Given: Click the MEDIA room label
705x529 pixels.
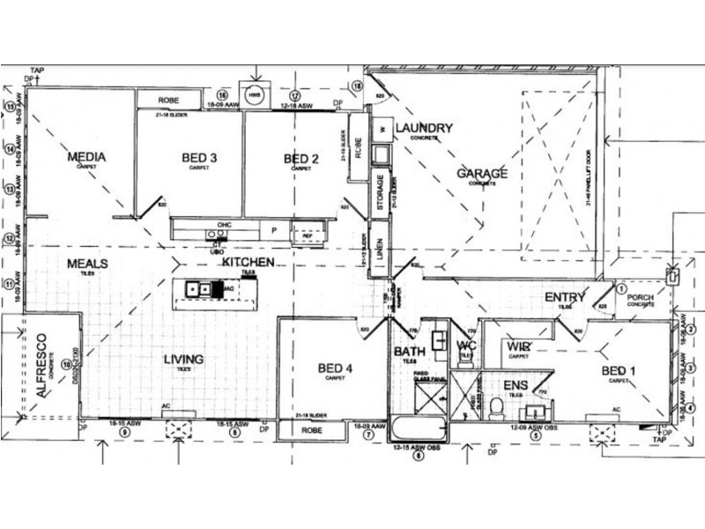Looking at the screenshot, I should pyautogui.click(x=86, y=157).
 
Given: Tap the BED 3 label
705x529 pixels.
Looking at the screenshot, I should pyautogui.click(x=199, y=158).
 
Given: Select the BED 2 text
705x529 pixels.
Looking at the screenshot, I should pyautogui.click(x=301, y=159).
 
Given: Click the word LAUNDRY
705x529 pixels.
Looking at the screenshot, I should pyautogui.click(x=424, y=128).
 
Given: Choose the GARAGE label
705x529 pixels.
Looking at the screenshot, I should pyautogui.click(x=481, y=174).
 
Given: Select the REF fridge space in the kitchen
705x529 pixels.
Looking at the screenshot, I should pyautogui.click(x=308, y=235).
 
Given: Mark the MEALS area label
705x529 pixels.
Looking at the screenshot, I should pyautogui.click(x=86, y=264).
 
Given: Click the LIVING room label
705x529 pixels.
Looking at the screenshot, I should pyautogui.click(x=183, y=359).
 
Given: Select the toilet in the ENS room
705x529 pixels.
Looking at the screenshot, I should pyautogui.click(x=496, y=407).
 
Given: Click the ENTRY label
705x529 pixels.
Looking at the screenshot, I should pyautogui.click(x=565, y=297).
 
